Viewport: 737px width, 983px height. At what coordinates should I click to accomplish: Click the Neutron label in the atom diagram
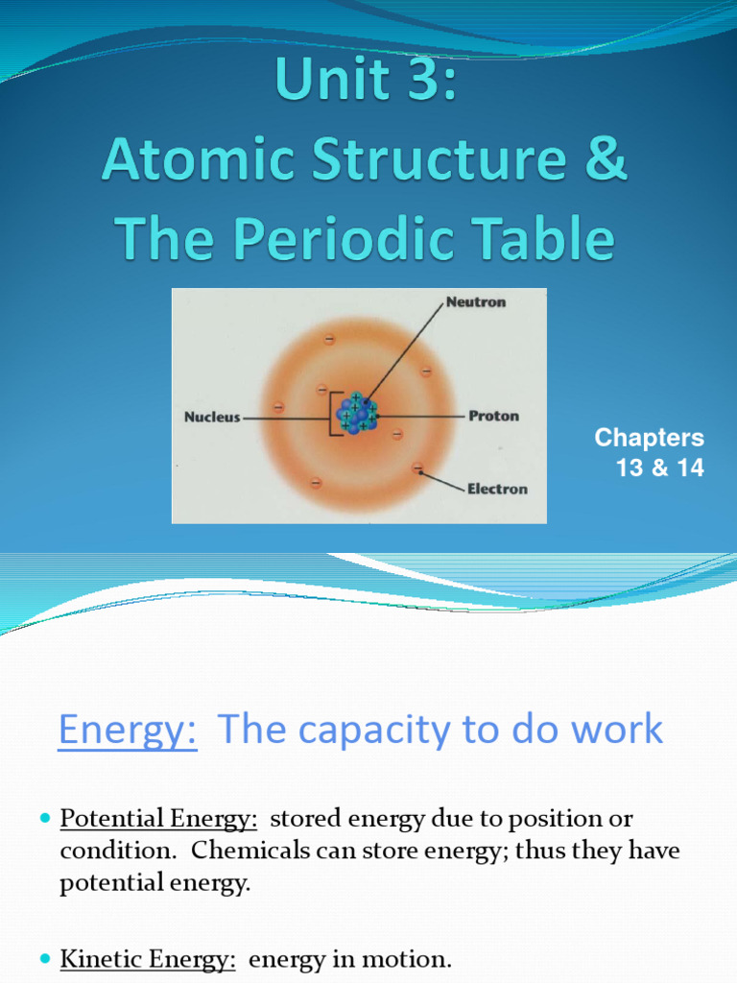[x=476, y=301]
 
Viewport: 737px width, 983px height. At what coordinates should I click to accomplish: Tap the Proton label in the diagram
[x=493, y=416]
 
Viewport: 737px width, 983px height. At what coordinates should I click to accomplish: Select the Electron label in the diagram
[x=497, y=489]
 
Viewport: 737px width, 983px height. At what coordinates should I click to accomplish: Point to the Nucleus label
[x=212, y=418]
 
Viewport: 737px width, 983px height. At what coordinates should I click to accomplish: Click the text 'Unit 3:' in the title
[x=366, y=83]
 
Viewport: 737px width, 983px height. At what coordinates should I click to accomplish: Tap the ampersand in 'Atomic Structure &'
[x=606, y=161]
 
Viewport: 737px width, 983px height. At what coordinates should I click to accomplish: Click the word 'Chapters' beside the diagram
[x=649, y=438]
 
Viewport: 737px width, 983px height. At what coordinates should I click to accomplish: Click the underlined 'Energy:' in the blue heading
[x=128, y=730]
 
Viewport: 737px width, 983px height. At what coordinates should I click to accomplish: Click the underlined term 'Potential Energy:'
[x=158, y=819]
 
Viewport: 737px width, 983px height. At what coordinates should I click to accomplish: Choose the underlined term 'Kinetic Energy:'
[x=148, y=959]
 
